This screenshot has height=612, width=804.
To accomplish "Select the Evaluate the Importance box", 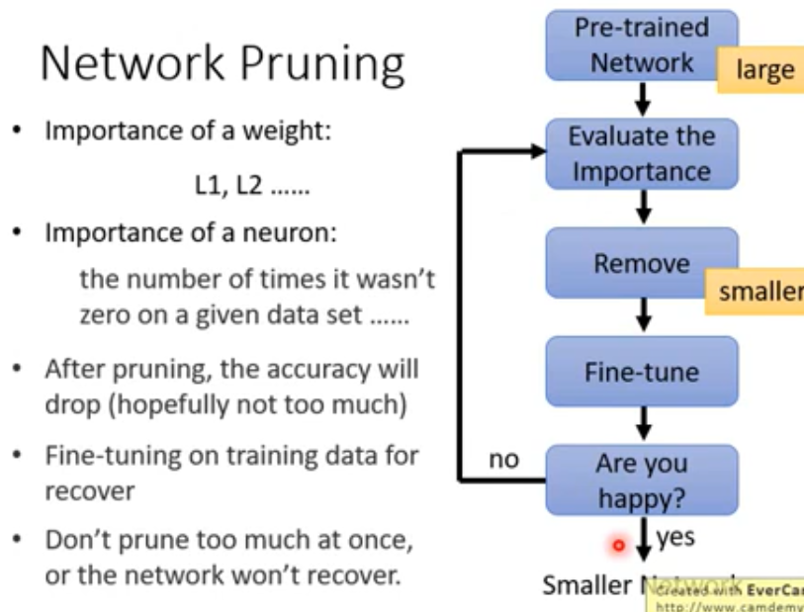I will tap(642, 153).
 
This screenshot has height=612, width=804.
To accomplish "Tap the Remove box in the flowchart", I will tap(642, 264).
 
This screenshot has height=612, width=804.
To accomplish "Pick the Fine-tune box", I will tap(642, 373).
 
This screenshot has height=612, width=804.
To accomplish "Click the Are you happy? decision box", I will tap(642, 481).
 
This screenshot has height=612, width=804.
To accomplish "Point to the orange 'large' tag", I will tap(765, 69).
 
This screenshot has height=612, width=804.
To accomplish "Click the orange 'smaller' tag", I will tap(759, 294).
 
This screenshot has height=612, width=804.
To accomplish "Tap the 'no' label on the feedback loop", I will tap(503, 460).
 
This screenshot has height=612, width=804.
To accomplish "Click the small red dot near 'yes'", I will tap(620, 544).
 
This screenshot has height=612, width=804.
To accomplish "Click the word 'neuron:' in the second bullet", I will tap(296, 234).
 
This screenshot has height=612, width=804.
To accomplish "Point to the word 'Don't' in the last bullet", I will tap(76, 542).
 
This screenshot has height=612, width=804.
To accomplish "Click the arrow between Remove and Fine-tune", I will tap(644, 317).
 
